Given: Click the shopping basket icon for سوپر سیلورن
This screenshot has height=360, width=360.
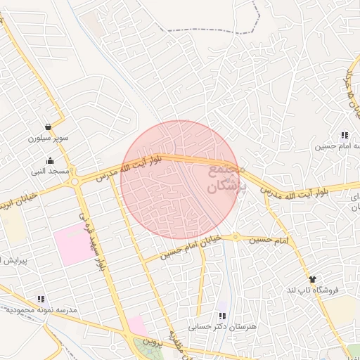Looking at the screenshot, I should coord(47,127).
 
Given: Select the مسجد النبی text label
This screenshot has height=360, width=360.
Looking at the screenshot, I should coord(49,171).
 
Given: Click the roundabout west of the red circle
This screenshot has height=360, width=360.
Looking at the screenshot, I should coord(74,182).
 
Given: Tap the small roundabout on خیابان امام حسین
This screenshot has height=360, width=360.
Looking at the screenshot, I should coord(236,237).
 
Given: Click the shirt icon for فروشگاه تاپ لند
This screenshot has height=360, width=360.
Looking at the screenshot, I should coord(312,279).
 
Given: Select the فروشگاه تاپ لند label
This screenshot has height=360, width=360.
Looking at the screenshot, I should coord(313,290).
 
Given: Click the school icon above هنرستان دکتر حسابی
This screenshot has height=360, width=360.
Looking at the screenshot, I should coord(223,316).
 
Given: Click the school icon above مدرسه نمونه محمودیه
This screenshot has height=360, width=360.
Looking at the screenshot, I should coord(40,299).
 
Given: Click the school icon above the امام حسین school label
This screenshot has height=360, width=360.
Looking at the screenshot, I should coord(344,135).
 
